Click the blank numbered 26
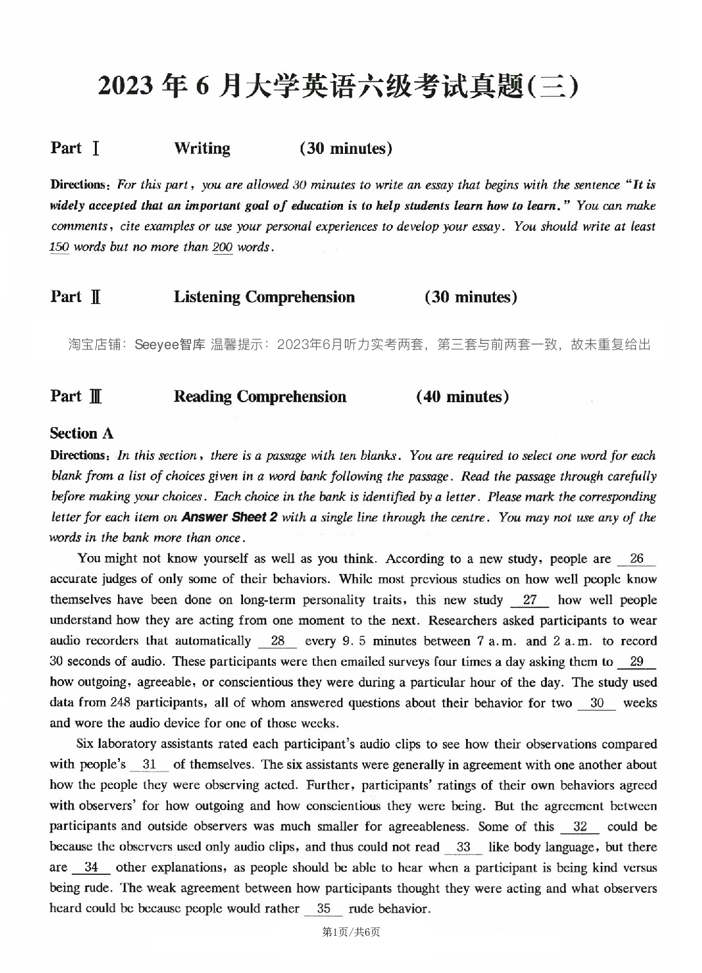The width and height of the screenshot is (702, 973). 636,559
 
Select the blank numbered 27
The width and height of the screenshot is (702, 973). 530,600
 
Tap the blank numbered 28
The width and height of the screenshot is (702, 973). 278,641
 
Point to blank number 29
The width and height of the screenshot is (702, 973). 637,661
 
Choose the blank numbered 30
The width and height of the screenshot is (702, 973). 597,702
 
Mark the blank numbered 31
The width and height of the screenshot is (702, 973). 149,765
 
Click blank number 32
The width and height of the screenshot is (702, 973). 580,826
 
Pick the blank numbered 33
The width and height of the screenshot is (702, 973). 464,847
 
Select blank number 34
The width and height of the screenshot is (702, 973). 91,867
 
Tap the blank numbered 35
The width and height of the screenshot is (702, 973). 324,908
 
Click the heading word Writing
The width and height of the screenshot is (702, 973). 202,148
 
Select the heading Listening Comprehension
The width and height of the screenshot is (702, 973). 264,297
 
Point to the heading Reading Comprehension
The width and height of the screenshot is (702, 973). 260,396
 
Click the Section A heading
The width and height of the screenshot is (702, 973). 81,434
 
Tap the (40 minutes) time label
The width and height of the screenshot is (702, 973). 462,396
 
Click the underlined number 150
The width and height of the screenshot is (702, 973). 59,247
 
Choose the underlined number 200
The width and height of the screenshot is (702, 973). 222,247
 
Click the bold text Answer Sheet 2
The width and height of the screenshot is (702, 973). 230,517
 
